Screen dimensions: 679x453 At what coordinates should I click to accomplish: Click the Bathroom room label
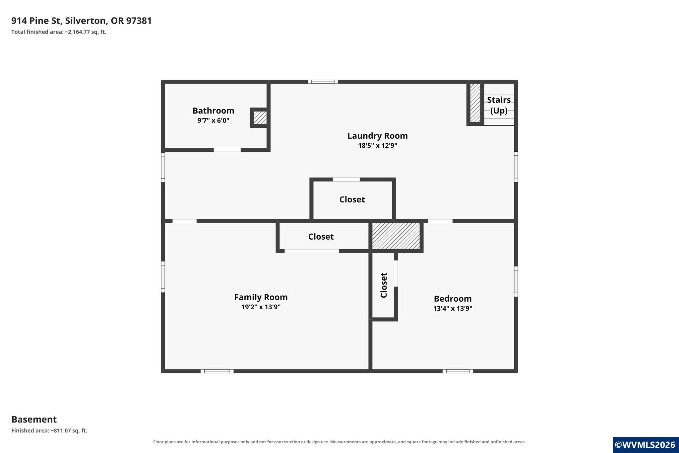(213, 111)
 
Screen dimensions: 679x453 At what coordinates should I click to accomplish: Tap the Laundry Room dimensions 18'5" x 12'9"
(378, 145)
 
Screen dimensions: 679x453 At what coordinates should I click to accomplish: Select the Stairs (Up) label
(499, 105)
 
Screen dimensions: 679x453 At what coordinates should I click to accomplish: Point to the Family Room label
(261, 297)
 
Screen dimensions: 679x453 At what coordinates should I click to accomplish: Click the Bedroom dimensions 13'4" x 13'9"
(453, 308)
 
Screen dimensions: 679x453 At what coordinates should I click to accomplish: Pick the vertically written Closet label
(384, 285)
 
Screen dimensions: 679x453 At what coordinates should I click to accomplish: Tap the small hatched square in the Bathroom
(260, 118)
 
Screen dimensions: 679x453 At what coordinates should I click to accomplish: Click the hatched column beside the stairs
(475, 103)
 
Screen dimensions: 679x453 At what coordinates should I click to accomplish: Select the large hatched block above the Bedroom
(396, 236)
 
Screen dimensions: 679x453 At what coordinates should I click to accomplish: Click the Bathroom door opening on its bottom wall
(227, 150)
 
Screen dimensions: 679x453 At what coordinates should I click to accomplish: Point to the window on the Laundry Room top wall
(323, 82)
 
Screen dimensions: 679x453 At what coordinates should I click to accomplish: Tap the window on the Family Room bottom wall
(217, 371)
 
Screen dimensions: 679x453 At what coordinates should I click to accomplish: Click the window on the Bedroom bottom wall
(458, 371)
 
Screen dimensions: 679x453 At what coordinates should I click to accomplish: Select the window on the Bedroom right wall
(516, 281)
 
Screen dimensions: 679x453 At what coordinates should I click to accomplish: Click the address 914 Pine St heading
(82, 21)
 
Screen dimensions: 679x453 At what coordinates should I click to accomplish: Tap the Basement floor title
(34, 419)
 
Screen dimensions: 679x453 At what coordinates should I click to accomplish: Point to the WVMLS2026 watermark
(645, 445)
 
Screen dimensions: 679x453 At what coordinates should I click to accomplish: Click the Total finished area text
(59, 32)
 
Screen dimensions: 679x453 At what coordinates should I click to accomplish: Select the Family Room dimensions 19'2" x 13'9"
(261, 307)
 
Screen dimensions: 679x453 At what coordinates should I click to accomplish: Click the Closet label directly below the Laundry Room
(352, 199)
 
